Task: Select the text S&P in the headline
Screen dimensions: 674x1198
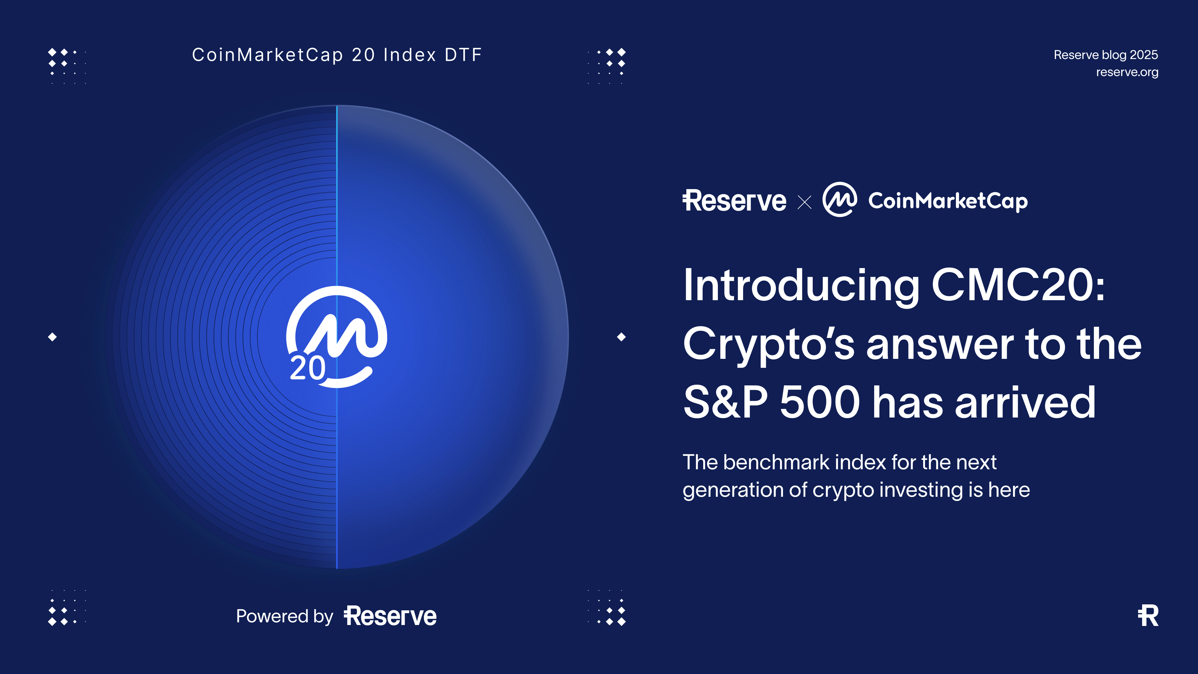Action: [x=725, y=402]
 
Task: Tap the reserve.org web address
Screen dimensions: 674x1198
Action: [x=1127, y=72]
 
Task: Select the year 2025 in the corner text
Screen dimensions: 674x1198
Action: [x=1144, y=55]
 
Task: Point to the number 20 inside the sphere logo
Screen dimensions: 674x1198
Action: [x=307, y=369]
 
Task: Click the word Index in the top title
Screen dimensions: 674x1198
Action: [x=410, y=55]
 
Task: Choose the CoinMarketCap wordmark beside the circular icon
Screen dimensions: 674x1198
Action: [x=948, y=201]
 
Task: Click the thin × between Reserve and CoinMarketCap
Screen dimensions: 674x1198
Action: [x=804, y=202]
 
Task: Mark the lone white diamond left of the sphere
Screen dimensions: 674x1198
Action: [x=52, y=337]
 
